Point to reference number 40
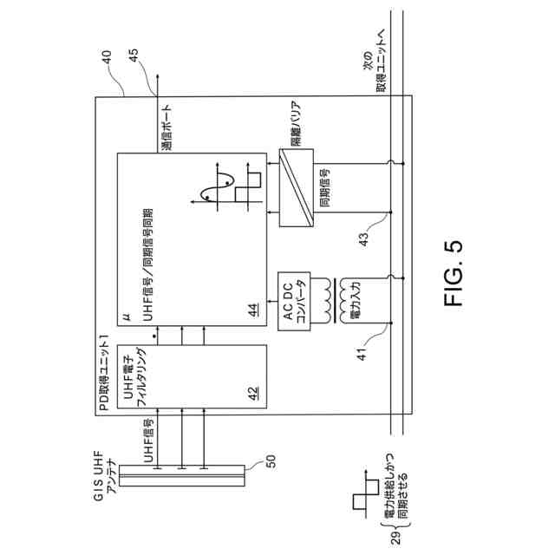108,59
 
